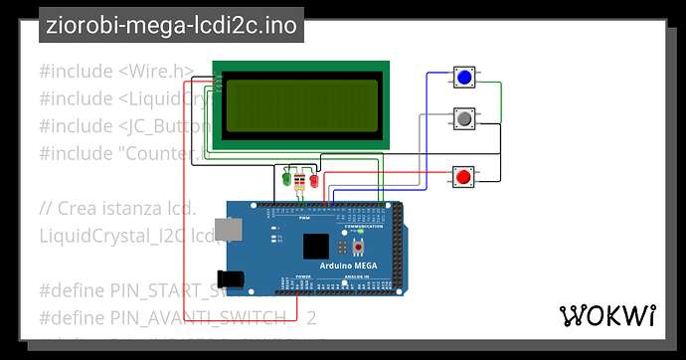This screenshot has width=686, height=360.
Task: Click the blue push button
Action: pos(463,77)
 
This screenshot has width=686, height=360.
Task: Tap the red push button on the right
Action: pos(462,177)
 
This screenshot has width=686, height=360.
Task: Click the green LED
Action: pos(287,181)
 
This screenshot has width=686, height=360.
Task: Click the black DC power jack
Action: pos(230,277)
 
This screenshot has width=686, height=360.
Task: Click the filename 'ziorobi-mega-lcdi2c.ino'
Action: pos(170,26)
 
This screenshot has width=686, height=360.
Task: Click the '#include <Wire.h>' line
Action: pos(116,71)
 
